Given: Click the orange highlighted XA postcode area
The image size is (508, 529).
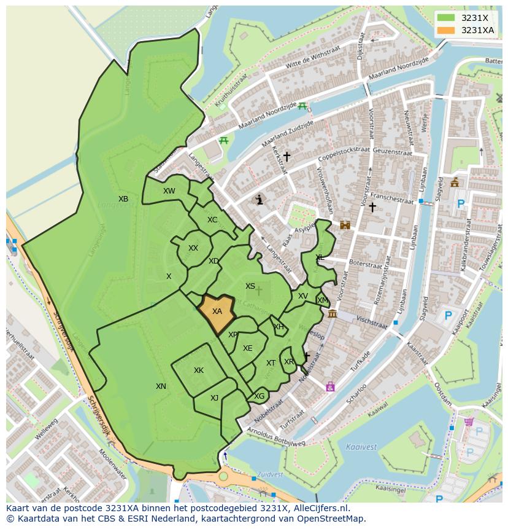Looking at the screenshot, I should click(217, 312).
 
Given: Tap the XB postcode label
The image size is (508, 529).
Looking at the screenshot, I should click(123, 199).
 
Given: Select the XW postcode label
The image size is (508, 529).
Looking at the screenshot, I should click(169, 191).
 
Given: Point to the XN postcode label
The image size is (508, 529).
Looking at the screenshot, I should click(161, 386).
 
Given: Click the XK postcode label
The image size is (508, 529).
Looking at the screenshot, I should click(199, 370).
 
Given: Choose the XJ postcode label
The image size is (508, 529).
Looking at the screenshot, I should click(214, 398).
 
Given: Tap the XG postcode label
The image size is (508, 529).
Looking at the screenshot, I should click(260, 396).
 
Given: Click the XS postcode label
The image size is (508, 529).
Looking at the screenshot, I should click(250, 286).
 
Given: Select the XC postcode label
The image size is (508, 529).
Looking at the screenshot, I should click(212, 220).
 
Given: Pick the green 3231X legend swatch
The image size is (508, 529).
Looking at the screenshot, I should click(447, 18).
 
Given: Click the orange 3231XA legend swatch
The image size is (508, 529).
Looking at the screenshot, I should click(447, 30).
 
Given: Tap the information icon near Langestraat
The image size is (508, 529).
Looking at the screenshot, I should click(260, 199).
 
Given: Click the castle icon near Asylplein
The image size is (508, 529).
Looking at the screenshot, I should click(345, 225).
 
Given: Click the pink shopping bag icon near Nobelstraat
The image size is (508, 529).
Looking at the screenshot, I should click(331, 386).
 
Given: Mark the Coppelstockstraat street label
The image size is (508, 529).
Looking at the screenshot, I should click(344, 153).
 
